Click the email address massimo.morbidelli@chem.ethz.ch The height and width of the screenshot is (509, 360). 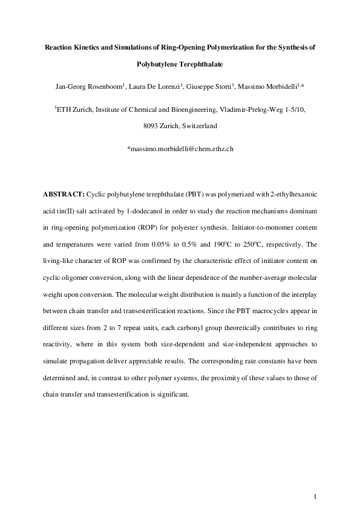(180, 148)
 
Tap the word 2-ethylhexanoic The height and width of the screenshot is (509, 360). (293, 196)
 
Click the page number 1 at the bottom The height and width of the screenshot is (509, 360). (316, 481)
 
